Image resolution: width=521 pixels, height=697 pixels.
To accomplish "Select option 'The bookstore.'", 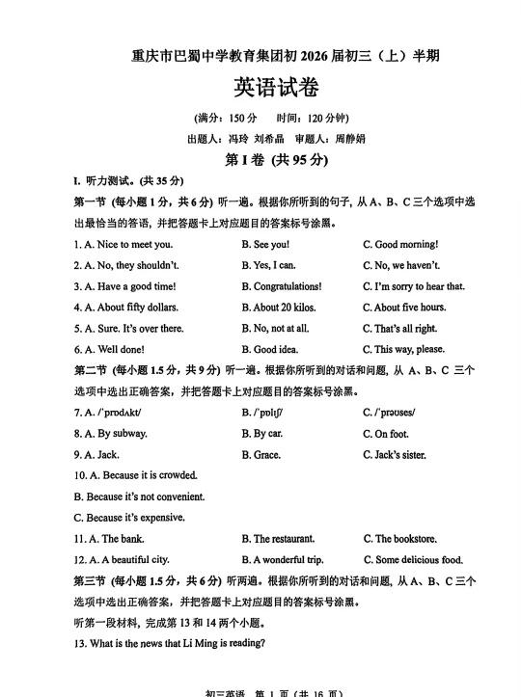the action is tap(405, 539).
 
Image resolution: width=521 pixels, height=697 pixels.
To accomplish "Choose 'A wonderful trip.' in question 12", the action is tap(288, 560).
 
